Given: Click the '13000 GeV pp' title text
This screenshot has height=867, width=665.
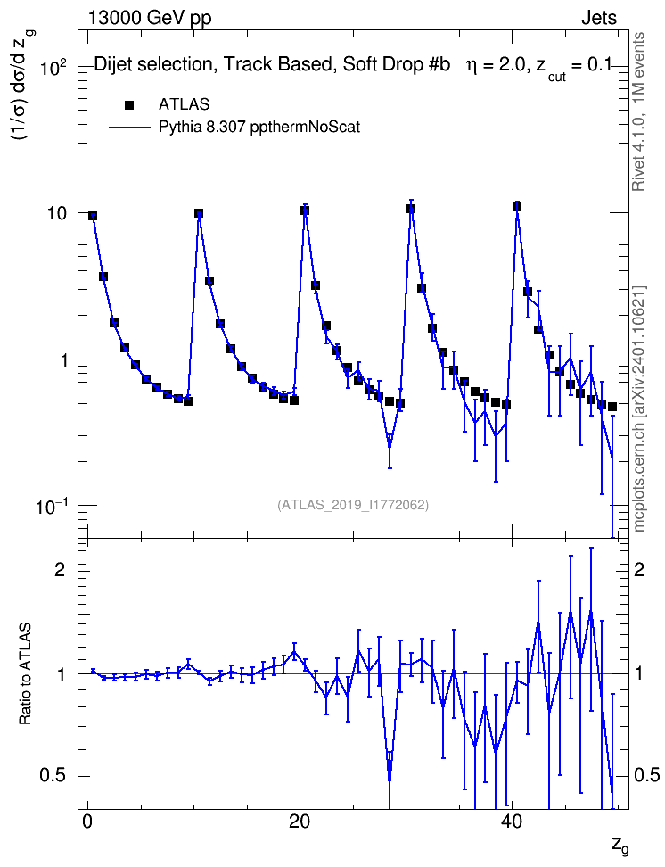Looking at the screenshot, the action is pyautogui.click(x=150, y=18).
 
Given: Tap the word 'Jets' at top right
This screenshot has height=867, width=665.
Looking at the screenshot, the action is pyautogui.click(x=599, y=18).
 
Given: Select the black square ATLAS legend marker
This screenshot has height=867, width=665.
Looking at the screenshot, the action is pyautogui.click(x=129, y=105).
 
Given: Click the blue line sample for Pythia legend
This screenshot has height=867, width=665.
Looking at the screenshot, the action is pyautogui.click(x=130, y=128).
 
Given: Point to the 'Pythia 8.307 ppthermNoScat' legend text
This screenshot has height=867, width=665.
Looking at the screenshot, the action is pyautogui.click(x=259, y=128).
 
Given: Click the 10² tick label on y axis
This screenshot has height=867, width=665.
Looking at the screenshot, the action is pyautogui.click(x=53, y=68).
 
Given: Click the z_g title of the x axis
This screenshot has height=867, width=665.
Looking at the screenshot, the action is pyautogui.click(x=620, y=845).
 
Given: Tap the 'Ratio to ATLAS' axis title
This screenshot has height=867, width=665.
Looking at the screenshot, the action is pyautogui.click(x=25, y=673).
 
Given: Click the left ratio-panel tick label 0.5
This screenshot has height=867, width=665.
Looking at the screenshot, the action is pyautogui.click(x=53, y=776).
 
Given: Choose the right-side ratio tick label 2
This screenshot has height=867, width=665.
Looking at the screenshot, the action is pyautogui.click(x=639, y=569).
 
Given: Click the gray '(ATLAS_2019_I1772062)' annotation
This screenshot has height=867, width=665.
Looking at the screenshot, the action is pyautogui.click(x=353, y=505).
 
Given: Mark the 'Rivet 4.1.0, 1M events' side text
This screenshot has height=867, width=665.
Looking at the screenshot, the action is pyautogui.click(x=638, y=111).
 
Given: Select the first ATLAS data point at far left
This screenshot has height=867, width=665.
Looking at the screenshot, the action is pyautogui.click(x=93, y=216).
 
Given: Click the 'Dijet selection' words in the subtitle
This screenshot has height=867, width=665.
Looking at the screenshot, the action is pyautogui.click(x=153, y=65).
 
